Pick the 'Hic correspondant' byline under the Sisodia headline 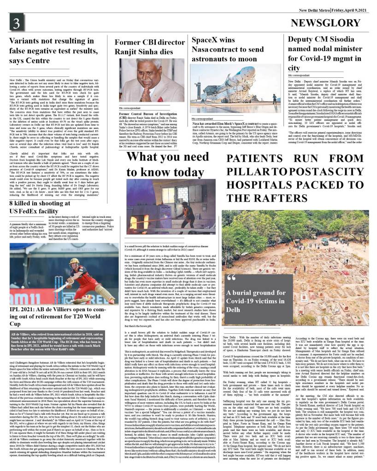click(x=300, y=75)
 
